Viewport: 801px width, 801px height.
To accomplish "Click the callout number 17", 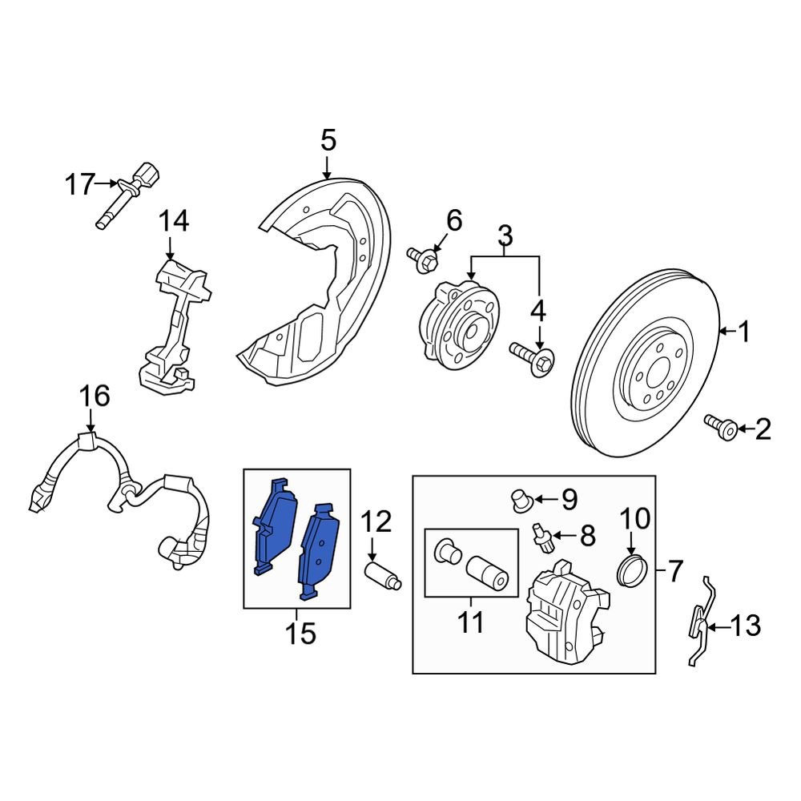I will click(x=79, y=185).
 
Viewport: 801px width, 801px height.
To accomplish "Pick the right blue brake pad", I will click(x=318, y=551).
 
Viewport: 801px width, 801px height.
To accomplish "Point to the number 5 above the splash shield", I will click(x=328, y=143).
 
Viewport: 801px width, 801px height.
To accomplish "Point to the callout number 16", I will click(x=94, y=396).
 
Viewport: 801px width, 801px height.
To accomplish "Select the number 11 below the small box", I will click(x=471, y=621).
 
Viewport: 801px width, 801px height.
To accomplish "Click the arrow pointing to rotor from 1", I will click(x=726, y=330).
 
